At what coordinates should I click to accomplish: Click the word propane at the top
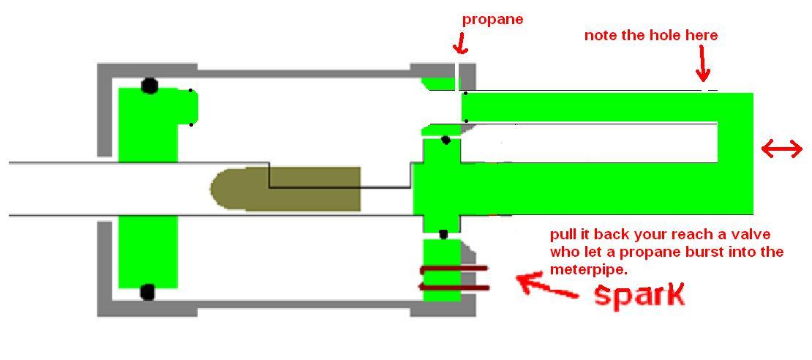coord(492,20)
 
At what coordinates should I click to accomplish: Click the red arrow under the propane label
coord(459,45)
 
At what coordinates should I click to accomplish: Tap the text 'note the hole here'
coord(650,35)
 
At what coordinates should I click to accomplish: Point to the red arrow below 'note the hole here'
coord(703,64)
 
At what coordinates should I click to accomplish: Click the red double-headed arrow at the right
coord(781,150)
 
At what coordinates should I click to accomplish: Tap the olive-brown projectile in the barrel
coord(285,189)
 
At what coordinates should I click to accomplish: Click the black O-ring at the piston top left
coord(149,86)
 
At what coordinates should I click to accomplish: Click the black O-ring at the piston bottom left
coord(147,293)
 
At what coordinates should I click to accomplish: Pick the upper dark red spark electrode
coord(454,269)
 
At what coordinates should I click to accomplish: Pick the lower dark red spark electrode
coord(454,286)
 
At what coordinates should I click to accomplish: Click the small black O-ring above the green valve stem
coord(444,140)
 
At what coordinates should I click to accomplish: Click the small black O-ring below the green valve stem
coord(443,234)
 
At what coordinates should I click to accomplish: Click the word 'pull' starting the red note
coord(563,236)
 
